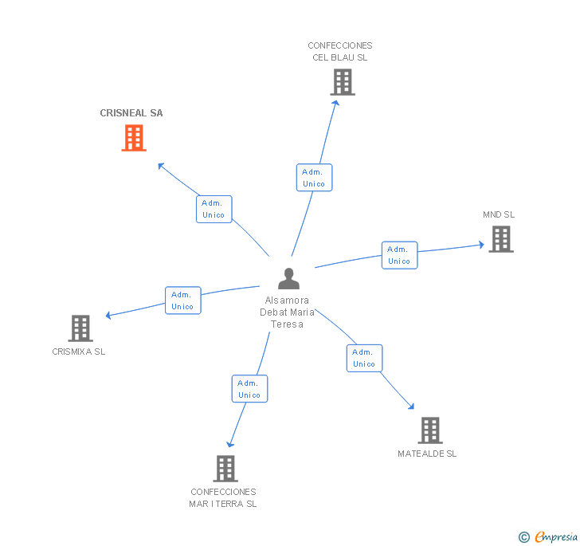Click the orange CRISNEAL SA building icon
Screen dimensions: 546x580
click(x=134, y=138)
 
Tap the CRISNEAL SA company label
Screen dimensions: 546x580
click(x=131, y=113)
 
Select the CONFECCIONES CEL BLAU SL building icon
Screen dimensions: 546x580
click(x=342, y=82)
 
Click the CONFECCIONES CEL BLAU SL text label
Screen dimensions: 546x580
click(x=340, y=52)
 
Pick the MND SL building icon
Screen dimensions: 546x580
click(x=500, y=239)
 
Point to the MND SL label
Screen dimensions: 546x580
click(x=499, y=215)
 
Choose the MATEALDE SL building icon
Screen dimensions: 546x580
click(x=430, y=430)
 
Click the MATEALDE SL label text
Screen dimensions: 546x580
click(x=428, y=454)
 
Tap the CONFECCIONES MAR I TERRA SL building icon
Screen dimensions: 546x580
click(x=225, y=469)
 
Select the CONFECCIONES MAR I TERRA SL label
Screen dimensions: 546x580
click(x=223, y=497)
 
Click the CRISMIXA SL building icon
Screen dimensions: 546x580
click(x=80, y=328)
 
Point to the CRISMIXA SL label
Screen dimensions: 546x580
click(x=79, y=352)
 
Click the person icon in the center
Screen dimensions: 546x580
click(x=288, y=278)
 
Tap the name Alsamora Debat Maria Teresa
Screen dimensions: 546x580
click(x=288, y=312)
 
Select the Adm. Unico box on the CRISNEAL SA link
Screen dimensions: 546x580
click(x=214, y=209)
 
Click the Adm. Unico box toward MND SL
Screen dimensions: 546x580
click(x=399, y=255)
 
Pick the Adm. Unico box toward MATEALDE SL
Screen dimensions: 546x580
click(x=364, y=358)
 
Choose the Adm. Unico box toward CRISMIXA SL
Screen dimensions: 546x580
click(x=182, y=300)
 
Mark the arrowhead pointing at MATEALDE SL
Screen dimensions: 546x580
click(x=411, y=407)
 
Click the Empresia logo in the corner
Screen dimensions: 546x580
click(x=548, y=537)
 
